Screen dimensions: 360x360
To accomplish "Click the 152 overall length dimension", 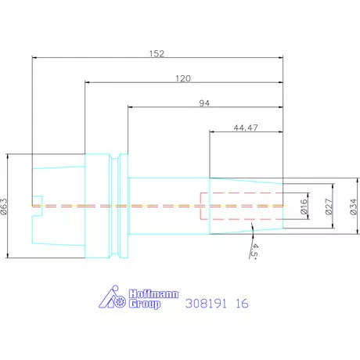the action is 157,54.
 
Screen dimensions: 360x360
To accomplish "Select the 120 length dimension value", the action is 183,78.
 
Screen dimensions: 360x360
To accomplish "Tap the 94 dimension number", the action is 204,103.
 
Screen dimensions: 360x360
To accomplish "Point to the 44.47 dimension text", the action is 246,128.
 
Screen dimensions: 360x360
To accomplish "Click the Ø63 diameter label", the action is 5,207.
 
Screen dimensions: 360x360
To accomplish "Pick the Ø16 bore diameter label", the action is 304,207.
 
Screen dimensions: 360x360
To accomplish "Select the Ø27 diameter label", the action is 329,207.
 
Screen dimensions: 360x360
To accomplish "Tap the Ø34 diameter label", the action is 353,207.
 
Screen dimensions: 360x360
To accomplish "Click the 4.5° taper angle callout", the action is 254,251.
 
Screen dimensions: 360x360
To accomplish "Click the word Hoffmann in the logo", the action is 153,294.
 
